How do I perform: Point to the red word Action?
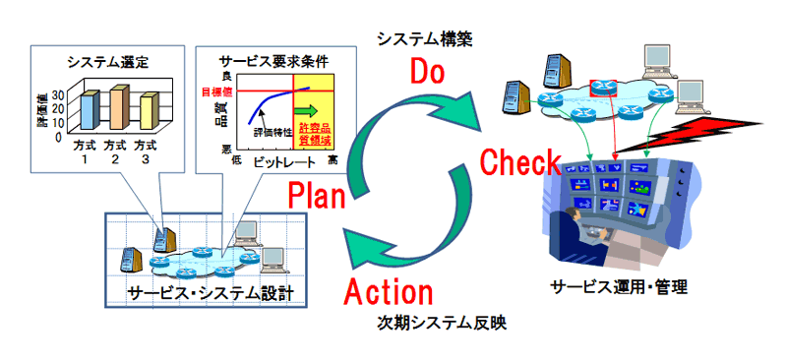389,292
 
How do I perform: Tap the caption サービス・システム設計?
204,292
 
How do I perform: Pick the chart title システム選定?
107,63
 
